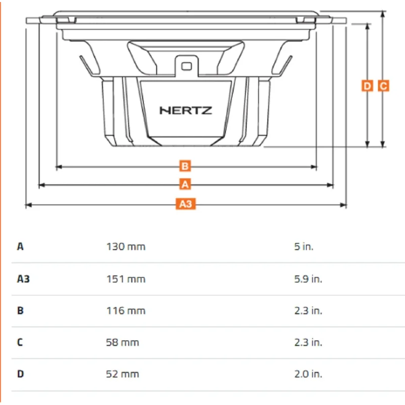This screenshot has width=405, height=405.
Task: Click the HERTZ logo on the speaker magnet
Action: [x=186, y=110]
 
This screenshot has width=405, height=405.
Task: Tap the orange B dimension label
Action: [x=185, y=166]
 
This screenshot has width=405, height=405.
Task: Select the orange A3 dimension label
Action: [x=185, y=204]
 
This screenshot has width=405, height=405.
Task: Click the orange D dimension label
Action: [x=367, y=86]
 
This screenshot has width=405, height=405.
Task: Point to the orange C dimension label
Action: [x=383, y=86]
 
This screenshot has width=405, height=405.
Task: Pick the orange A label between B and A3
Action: [x=185, y=184]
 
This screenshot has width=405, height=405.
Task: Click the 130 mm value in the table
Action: [x=126, y=247]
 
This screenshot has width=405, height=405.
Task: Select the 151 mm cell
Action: [x=126, y=279]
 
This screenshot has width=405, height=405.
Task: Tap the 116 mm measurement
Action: [x=126, y=310]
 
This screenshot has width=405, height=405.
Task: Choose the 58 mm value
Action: [x=123, y=343]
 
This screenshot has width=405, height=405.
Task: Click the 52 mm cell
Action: [x=123, y=374]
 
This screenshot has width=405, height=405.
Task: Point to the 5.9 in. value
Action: [x=308, y=279]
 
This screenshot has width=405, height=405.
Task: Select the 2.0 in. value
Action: [x=308, y=374]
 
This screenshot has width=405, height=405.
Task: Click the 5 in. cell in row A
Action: [x=304, y=247]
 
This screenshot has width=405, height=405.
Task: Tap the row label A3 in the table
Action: [x=23, y=279]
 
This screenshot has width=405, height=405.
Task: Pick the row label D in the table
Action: [x=20, y=374]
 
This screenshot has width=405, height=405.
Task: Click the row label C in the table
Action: [x=20, y=343]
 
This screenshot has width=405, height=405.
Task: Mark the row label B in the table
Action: [x=20, y=310]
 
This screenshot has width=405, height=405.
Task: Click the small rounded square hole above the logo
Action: [x=186, y=66]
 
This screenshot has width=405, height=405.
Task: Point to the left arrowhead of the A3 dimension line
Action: [x=28, y=205]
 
